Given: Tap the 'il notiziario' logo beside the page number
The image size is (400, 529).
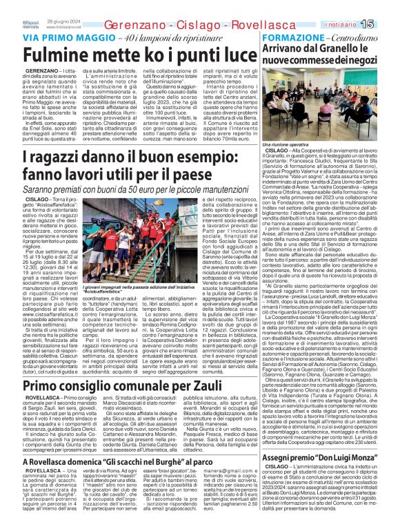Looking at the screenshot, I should pos(358,6).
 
